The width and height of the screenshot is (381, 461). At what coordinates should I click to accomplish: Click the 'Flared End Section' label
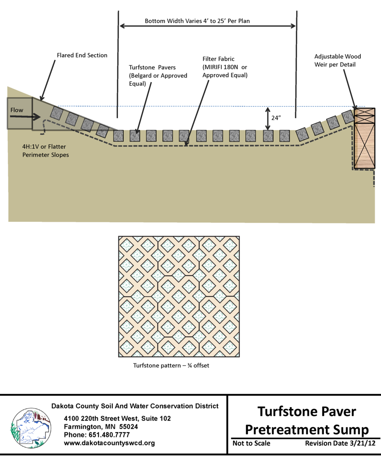[x=82, y=55]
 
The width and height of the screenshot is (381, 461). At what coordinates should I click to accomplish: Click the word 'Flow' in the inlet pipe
[x=17, y=110]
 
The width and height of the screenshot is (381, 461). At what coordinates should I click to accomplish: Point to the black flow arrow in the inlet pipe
[x=24, y=117]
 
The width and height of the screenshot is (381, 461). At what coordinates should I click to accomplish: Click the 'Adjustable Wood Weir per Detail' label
[x=337, y=60]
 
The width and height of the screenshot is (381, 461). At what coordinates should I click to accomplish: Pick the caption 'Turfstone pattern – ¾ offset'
[x=171, y=365]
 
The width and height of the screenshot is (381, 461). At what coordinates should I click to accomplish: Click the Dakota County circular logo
[x=31, y=429]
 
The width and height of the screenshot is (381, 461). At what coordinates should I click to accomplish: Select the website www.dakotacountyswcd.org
[x=109, y=443]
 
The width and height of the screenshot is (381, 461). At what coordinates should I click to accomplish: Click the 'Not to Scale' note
[x=251, y=444]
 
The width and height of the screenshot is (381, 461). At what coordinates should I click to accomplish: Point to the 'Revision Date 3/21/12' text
[x=340, y=444]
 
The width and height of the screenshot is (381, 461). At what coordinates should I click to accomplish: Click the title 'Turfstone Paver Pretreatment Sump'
[x=307, y=420]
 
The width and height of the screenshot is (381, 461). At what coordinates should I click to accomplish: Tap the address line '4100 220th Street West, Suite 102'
[x=117, y=419]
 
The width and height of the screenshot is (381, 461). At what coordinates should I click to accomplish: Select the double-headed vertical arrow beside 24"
[x=267, y=118]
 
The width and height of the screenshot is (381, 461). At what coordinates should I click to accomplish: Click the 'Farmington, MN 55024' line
[x=101, y=427]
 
